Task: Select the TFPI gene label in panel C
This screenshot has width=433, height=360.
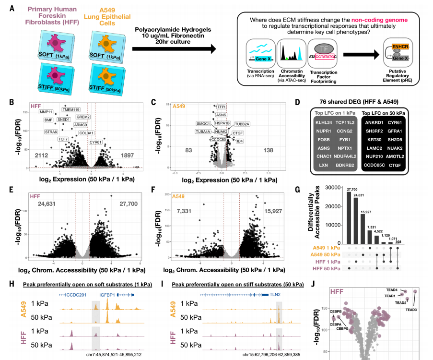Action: click(x=222, y=107)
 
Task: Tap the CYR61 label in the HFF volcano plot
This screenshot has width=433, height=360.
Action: click(x=95, y=142)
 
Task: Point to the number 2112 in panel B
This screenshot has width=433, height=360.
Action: click(x=42, y=156)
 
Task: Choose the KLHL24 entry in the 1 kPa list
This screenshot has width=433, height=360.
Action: click(x=324, y=122)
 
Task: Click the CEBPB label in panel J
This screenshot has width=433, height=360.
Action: click(x=322, y=312)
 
